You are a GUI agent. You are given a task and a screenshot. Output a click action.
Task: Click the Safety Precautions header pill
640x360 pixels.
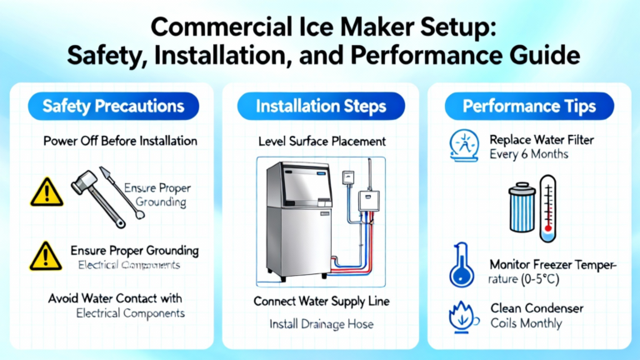pos(113,106)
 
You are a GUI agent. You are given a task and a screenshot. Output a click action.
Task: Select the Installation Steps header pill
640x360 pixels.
pos(321,106)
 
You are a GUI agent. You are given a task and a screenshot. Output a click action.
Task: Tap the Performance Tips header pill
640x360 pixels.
pos(529,106)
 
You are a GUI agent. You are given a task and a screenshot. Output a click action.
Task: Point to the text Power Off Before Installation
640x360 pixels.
pos(120,141)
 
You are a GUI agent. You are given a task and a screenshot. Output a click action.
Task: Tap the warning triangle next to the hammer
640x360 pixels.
pos(47,192)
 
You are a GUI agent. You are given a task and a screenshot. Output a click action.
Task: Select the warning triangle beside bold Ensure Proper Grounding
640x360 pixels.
pos(46,256)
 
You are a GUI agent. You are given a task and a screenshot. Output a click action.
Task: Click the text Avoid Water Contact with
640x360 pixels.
pos(115,298)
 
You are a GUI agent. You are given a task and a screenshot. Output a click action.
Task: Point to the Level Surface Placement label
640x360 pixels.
pos(322,142)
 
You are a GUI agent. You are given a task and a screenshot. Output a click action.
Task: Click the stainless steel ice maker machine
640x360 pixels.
pos(299,220)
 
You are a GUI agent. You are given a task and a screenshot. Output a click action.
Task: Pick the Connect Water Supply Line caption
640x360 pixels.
pos(321,302)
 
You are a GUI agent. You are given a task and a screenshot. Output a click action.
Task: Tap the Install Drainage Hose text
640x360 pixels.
pos(321,324)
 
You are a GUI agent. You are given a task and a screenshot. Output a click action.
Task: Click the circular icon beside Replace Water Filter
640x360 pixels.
pos(464,146)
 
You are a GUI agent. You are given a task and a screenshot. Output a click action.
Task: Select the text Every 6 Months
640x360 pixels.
pos(528,154)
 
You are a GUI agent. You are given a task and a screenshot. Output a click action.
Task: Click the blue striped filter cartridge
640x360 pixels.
pos(522,207)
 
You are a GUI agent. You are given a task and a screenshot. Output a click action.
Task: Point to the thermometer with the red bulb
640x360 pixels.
pos(547,208)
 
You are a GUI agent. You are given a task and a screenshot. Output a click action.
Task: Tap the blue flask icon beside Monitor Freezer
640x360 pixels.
pos(462,265)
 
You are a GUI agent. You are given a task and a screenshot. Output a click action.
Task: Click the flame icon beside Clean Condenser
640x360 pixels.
pos(463,317)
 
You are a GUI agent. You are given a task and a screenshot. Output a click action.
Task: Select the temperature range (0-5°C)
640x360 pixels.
pos(523,280)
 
